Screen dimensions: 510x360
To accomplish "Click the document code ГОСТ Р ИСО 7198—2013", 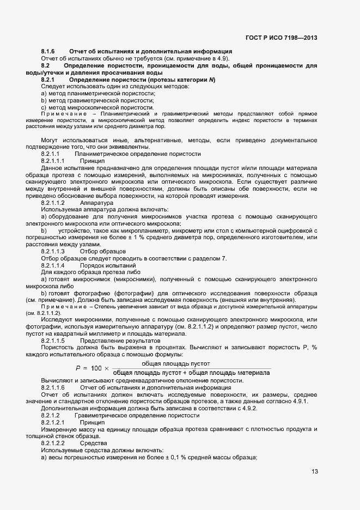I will [281, 38].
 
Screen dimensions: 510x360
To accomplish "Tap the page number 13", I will [315, 472].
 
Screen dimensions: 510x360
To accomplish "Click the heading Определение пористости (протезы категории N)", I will [142, 80].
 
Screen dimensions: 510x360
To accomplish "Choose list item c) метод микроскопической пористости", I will [98, 108].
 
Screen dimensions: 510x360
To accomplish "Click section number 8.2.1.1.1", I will [53, 161].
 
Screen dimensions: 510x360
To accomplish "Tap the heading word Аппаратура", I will [96, 203].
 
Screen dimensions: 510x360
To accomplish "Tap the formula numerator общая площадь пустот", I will [175, 363].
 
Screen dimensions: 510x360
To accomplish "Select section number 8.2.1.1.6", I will [53, 387].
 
